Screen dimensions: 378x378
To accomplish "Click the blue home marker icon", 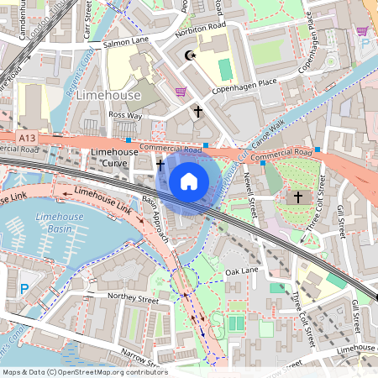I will [189, 181].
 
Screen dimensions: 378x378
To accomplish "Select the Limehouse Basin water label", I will [59, 223].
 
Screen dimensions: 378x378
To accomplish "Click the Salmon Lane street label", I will [124, 42].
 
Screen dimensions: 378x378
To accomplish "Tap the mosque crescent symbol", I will [189, 56].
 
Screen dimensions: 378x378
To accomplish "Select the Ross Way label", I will [125, 114].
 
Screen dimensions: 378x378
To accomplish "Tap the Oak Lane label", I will [242, 271].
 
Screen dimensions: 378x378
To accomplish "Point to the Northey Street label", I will [132, 298].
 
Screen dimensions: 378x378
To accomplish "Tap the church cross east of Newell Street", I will [297, 197].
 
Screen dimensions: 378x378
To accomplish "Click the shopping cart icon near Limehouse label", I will [180, 92].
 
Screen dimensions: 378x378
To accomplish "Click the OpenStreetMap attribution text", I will [84, 371].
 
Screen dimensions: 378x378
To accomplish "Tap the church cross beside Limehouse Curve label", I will [160, 165].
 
